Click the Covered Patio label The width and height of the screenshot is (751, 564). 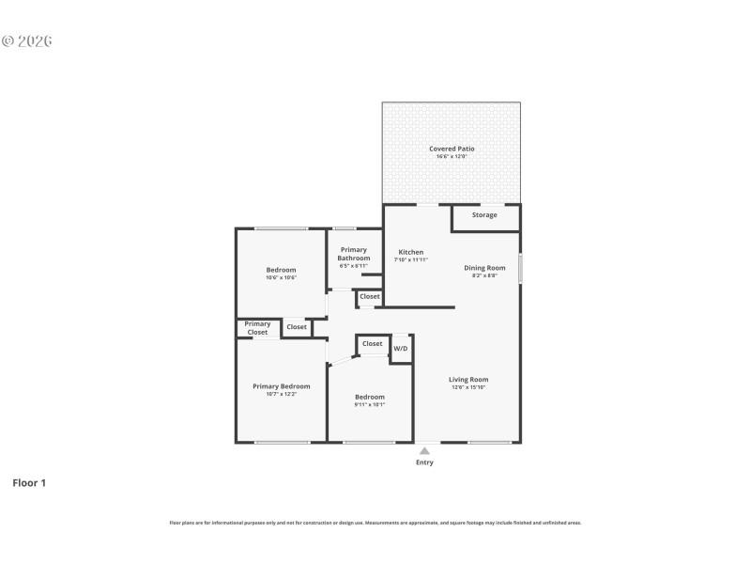[452, 149]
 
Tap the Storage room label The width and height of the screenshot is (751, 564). [484, 215]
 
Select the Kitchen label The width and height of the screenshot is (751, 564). [411, 252]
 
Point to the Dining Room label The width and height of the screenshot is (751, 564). [484, 268]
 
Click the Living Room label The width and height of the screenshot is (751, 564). [467, 380]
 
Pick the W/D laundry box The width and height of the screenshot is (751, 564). [401, 349]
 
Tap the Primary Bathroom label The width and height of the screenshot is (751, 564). [354, 254]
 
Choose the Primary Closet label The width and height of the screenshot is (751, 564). [257, 328]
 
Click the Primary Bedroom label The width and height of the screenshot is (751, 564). [281, 386]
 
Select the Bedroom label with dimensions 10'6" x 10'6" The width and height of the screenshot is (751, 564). [281, 270]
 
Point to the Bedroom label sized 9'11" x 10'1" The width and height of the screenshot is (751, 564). [369, 397]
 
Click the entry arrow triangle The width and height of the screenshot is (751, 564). [424, 451]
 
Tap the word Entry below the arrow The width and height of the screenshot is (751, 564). [424, 462]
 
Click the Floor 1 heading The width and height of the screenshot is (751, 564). [29, 483]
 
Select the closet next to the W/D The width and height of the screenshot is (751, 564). [372, 344]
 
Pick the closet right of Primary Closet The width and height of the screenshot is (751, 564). [297, 327]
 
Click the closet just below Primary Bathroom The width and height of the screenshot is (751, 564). [370, 297]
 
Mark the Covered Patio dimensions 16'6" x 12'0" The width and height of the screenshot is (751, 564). [452, 156]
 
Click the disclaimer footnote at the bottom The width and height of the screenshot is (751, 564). [375, 523]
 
